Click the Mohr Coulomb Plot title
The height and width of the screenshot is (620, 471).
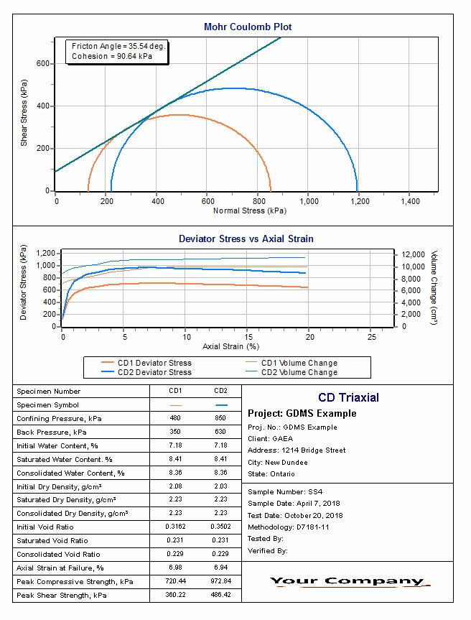tap(248, 27)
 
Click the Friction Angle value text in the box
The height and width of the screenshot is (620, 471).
tap(118, 46)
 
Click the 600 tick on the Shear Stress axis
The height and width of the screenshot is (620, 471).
tap(43, 64)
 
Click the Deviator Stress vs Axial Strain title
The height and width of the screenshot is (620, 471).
tap(246, 239)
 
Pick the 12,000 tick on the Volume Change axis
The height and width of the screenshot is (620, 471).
tap(413, 254)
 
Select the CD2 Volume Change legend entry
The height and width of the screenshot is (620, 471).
tap(299, 372)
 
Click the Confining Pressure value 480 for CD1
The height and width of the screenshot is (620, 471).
tap(174, 418)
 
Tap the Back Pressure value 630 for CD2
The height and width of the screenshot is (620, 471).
tap(220, 432)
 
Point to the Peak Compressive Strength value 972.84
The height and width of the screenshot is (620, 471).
tap(220, 582)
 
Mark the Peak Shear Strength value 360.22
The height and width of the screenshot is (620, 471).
tap(174, 596)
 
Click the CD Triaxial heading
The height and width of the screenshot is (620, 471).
tap(348, 397)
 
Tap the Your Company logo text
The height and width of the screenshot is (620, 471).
tap(348, 581)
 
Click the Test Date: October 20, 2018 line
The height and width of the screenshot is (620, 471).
tap(295, 515)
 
